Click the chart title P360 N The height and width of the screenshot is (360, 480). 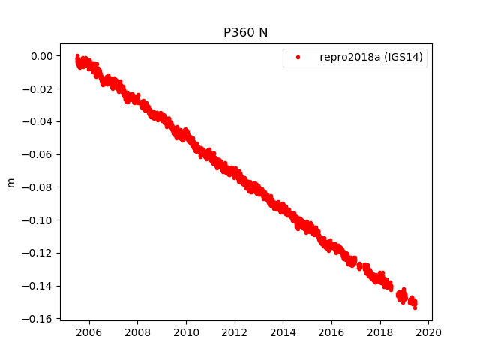tap(245, 32)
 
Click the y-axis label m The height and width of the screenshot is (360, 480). tap(10, 182)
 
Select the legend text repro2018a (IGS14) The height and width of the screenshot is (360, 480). tap(373, 58)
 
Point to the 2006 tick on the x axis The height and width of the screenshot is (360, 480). tap(89, 332)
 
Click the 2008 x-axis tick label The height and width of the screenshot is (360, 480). tap(138, 332)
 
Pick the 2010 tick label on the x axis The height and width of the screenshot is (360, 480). tap(186, 332)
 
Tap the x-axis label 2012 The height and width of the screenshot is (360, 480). tap(235, 332)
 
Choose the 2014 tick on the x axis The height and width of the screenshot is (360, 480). tap(283, 332)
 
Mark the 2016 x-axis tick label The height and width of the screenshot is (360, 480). tap(331, 332)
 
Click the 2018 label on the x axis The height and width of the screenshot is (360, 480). tap(380, 332)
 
